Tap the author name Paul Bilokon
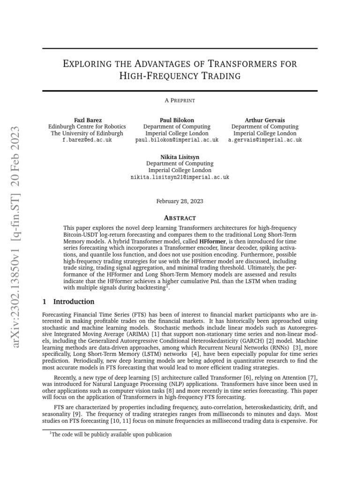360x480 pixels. point(177,120)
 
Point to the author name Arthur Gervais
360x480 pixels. point(265,120)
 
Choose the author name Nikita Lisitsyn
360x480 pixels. point(180,157)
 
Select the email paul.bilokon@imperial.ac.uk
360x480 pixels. point(177,140)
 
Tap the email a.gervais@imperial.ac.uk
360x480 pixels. point(265,140)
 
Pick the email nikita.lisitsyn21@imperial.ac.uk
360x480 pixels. point(180,177)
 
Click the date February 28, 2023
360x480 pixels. point(180,201)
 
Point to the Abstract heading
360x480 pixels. point(180,217)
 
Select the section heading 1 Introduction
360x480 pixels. point(68,301)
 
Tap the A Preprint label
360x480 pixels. point(180,100)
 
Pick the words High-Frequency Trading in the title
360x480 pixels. point(180,75)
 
